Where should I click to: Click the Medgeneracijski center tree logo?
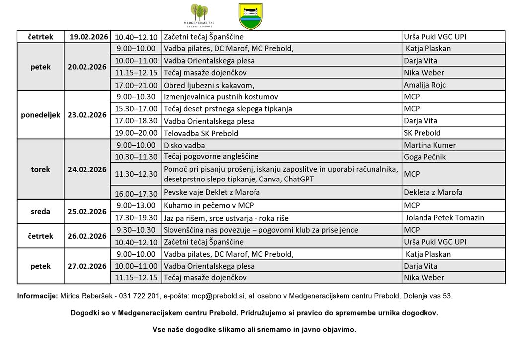tap(199, 15)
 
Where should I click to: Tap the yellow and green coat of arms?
tap(251, 16)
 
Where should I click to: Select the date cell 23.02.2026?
tap(87, 115)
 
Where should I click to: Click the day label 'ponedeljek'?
tap(41, 115)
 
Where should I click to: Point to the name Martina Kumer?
tap(429, 145)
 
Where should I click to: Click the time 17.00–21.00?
tap(136, 85)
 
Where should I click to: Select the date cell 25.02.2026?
tap(87, 212)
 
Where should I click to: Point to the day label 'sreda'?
tap(41, 212)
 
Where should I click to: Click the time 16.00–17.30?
tap(136, 194)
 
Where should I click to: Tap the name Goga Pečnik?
tap(424, 157)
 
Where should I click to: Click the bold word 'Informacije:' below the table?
tap(37, 296)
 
